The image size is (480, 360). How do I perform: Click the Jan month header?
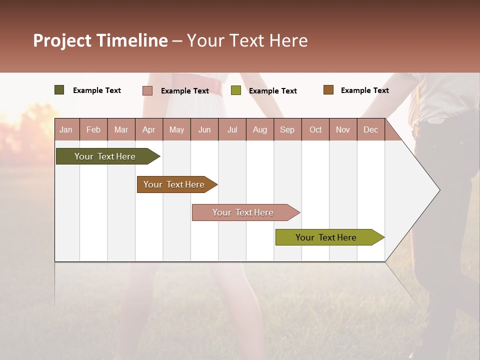click(66, 130)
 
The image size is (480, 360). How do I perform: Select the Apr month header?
click(149, 130)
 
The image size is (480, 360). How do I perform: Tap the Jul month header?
click(232, 130)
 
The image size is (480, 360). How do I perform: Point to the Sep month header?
click(287, 130)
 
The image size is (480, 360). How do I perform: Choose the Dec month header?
click(370, 130)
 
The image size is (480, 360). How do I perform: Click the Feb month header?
click(93, 130)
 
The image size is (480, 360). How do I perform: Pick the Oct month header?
click(315, 130)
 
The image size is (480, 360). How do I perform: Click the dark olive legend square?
click(59, 90)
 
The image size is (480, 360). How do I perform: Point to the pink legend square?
click(147, 90)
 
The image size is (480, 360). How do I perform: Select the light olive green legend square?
click(236, 90)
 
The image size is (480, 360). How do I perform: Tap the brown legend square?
click(328, 90)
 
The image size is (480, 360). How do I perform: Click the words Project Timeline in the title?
click(100, 40)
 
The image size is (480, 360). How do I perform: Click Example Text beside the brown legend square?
click(364, 90)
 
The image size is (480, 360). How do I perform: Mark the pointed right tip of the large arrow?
click(438, 190)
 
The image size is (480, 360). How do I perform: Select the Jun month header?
click(204, 130)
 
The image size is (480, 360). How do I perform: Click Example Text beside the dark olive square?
click(97, 90)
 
